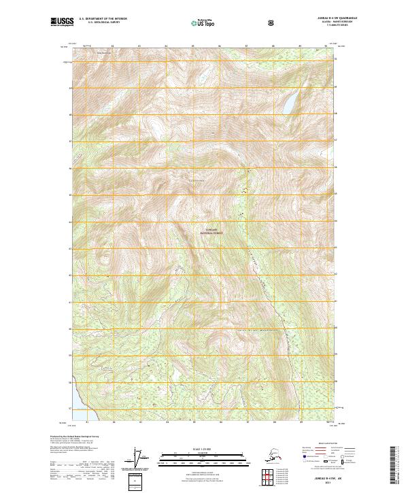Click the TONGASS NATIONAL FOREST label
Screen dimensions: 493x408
tap(211, 231)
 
